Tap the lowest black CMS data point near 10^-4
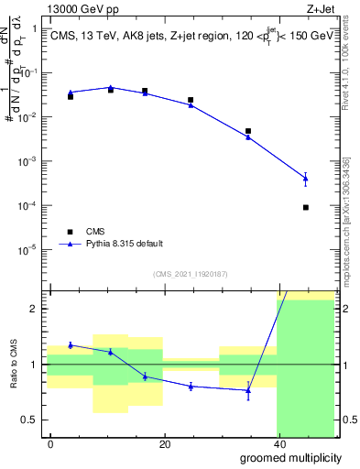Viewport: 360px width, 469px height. tap(305, 207)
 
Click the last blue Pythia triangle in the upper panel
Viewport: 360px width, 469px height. tap(305, 178)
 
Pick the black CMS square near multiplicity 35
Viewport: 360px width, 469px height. tap(248, 131)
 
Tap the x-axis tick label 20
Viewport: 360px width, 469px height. tap(164, 443)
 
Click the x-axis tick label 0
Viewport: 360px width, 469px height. tap(50, 443)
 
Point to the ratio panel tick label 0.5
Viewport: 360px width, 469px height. tap(29, 420)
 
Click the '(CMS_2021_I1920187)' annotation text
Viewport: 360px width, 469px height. tap(190, 273)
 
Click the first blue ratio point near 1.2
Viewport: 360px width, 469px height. tap(71, 345)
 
